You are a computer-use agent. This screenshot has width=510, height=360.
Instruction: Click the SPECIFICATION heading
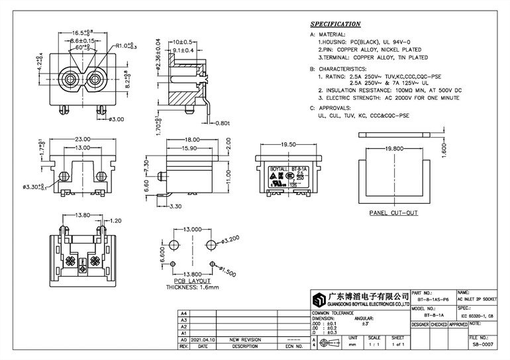pos(335,23)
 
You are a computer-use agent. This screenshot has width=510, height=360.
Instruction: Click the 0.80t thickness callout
pos(222,122)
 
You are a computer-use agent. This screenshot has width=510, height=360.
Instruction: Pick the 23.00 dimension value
pos(83,139)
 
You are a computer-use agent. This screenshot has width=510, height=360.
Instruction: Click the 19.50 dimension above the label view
pos(288,144)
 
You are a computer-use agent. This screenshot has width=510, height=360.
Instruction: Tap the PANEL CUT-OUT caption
pos(393,214)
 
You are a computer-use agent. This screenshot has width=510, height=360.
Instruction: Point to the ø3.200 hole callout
pos(229,238)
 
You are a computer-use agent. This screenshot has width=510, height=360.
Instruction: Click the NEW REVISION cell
pos(244,339)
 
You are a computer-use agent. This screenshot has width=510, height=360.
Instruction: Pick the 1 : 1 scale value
pos(376,345)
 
